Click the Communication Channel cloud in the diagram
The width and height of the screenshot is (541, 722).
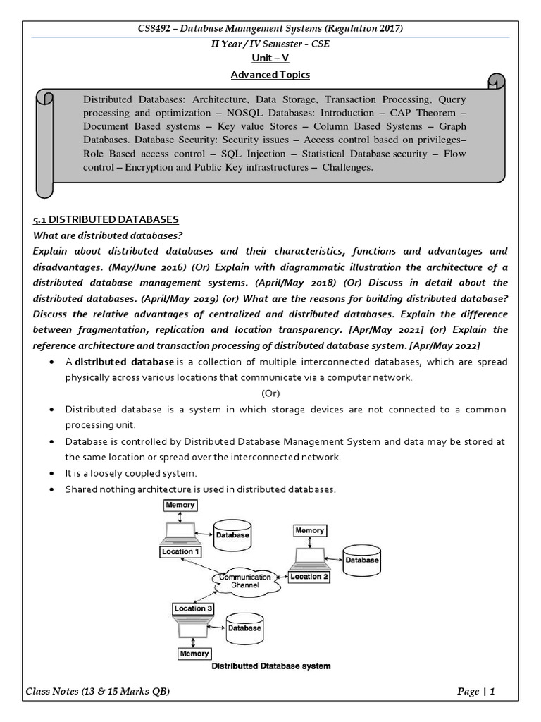coord(244,581)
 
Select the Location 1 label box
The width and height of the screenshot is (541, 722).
coord(181,551)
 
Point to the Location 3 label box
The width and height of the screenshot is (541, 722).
coord(193,607)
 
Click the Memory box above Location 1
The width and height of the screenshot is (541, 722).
coord(180,506)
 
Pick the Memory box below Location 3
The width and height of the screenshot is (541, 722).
coord(194,654)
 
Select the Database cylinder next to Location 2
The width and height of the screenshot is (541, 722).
coord(361,561)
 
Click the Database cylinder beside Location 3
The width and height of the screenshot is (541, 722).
coord(244,627)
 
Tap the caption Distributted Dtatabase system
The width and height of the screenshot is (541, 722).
coord(271,666)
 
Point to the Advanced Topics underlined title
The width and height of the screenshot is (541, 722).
coord(270,74)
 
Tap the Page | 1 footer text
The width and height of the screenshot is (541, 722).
coord(476,691)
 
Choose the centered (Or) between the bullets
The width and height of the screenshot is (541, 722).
coord(270,393)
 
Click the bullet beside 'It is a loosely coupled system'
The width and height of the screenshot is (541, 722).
coord(54,473)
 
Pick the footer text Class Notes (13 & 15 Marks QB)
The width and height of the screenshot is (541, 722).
coord(99,691)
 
